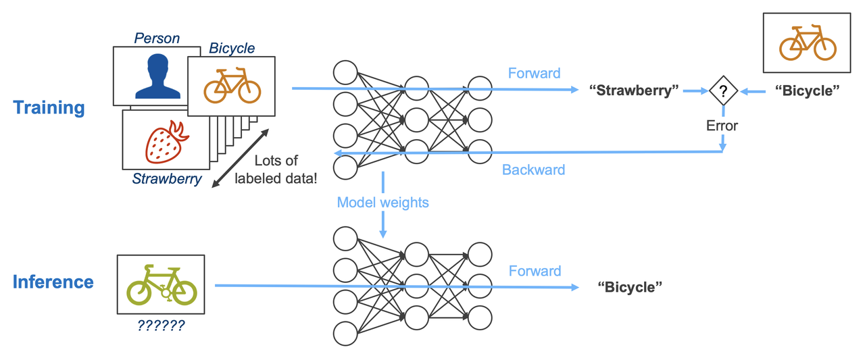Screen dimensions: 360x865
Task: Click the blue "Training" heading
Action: click(49, 108)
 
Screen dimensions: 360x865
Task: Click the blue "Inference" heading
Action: click(53, 282)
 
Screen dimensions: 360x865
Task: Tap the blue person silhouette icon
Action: click(157, 76)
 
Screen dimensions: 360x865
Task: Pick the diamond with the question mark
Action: click(722, 91)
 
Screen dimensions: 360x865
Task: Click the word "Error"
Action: click(722, 126)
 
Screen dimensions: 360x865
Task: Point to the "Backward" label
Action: click(533, 170)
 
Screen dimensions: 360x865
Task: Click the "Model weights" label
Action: click(382, 202)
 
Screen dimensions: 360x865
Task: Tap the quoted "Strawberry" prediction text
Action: click(633, 91)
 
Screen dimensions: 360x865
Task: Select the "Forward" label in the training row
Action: click(534, 73)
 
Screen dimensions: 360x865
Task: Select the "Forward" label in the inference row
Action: click(535, 271)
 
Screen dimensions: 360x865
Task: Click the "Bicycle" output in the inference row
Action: click(629, 287)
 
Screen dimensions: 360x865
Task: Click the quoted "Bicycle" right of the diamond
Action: click(806, 91)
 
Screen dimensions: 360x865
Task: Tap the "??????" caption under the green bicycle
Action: click(161, 326)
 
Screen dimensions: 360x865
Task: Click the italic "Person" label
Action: click(157, 38)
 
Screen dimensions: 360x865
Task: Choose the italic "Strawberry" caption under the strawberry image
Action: click(166, 179)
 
